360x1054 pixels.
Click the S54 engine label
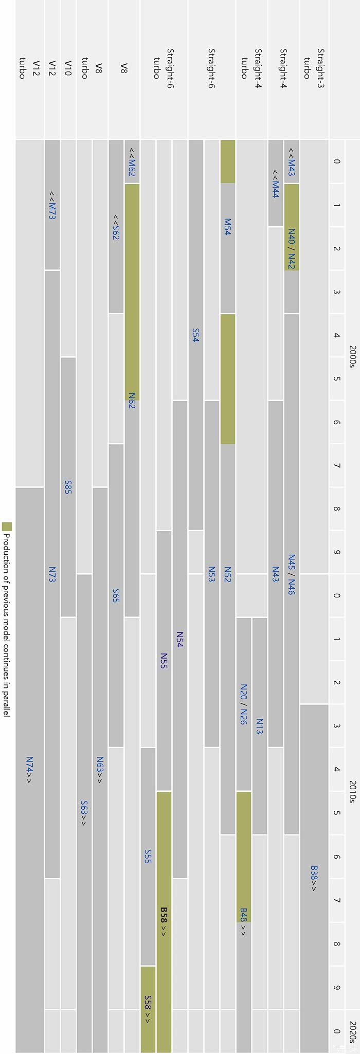pos(195,335)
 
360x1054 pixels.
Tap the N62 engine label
pos(132,401)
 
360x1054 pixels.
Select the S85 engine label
pos(68,487)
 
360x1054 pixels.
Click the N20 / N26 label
pos(244,704)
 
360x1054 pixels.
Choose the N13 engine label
pos(259,726)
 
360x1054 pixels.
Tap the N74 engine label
pos(29,770)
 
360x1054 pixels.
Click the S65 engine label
pos(116,595)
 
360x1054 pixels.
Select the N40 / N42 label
pos(292,249)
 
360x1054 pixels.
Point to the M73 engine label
pos(52,206)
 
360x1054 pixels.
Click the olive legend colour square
pos(7,526)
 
